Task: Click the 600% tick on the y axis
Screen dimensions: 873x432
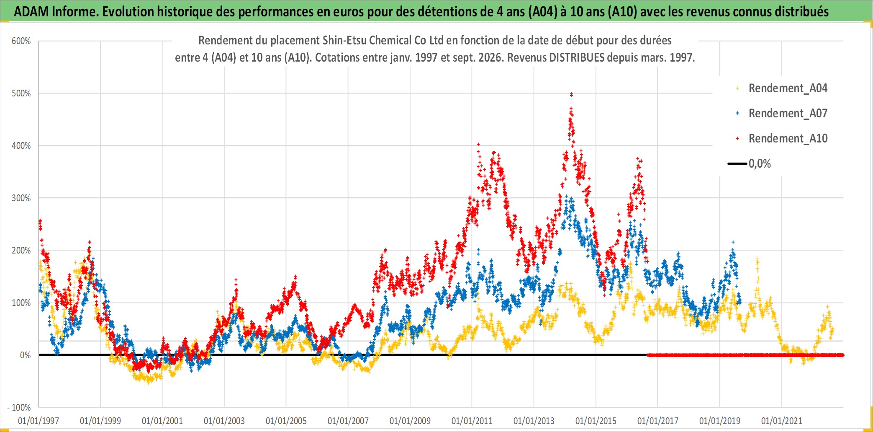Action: point(21,41)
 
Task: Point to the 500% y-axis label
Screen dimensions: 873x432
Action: point(21,93)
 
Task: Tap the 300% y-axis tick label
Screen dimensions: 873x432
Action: point(21,198)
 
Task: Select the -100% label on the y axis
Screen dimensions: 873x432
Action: point(19,407)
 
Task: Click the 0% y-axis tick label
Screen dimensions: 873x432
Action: point(26,355)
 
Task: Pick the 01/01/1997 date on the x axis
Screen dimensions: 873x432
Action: point(39,421)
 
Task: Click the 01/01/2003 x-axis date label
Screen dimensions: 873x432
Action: point(224,421)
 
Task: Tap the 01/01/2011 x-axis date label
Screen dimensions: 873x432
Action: point(472,421)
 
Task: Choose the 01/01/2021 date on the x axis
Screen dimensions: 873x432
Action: point(782,421)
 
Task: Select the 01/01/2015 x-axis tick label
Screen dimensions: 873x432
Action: point(596,421)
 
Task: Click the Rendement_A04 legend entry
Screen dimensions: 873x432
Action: point(788,88)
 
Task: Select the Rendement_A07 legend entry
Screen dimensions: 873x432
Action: point(788,114)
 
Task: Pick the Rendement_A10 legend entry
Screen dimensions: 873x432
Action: point(788,139)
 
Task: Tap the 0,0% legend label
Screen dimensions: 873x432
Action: point(760,164)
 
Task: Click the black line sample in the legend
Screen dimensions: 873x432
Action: point(737,164)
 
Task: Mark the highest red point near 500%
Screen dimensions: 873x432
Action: point(571,95)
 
